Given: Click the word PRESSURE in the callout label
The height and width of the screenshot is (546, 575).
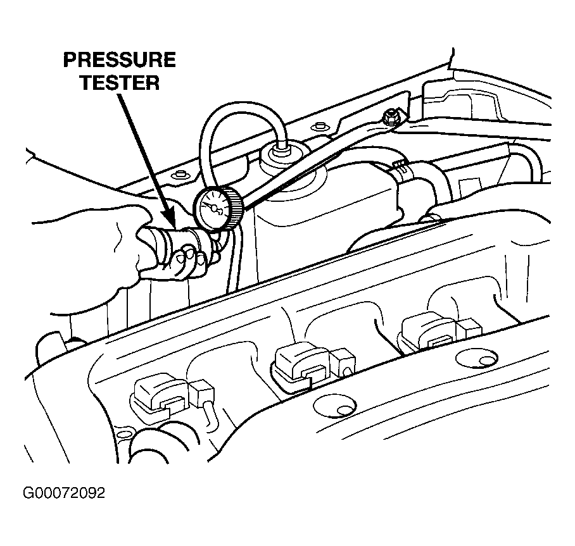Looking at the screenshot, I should point(119,61).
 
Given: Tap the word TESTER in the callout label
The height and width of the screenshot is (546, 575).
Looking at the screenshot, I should point(119,82).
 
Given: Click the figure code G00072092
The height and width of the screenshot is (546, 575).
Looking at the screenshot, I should point(63,493).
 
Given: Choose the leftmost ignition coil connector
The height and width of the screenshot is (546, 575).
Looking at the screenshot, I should point(158,397).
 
